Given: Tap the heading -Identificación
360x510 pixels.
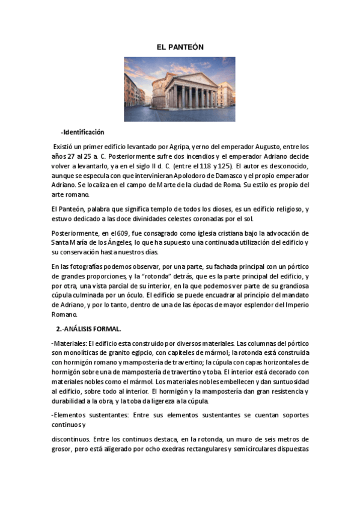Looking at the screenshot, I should click(x=82, y=132).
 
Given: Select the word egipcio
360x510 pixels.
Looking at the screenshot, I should click(x=149, y=352).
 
